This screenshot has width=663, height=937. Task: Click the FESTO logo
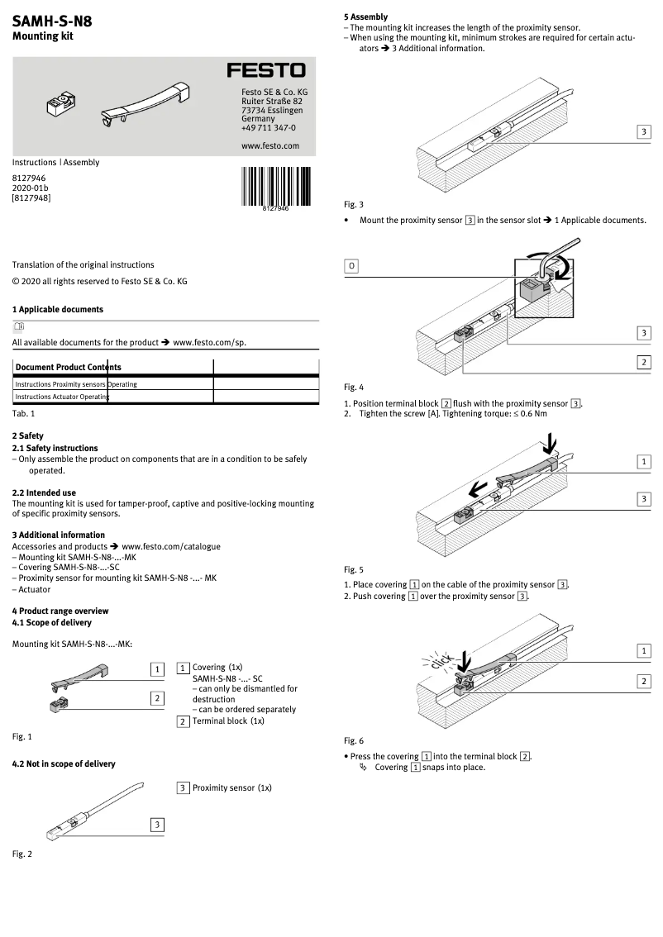pyautogui.click(x=265, y=71)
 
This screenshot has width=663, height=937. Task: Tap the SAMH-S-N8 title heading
pyautogui.click(x=52, y=22)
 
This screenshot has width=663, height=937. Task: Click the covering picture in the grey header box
pyautogui.click(x=145, y=105)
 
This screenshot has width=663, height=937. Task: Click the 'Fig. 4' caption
pyautogui.click(x=353, y=388)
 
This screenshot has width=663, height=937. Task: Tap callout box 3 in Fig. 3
pyautogui.click(x=643, y=132)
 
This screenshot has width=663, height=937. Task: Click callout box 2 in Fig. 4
pyautogui.click(x=643, y=362)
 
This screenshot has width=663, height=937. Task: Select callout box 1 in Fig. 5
pyautogui.click(x=643, y=461)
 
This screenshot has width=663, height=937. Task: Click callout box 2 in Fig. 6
pyautogui.click(x=643, y=681)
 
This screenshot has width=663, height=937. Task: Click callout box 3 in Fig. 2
pyautogui.click(x=155, y=824)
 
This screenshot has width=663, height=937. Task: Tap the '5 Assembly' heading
pyautogui.click(x=365, y=17)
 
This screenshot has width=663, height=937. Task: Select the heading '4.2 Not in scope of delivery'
pyautogui.click(x=64, y=764)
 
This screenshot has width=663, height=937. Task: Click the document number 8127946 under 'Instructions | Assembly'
pyautogui.click(x=29, y=178)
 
